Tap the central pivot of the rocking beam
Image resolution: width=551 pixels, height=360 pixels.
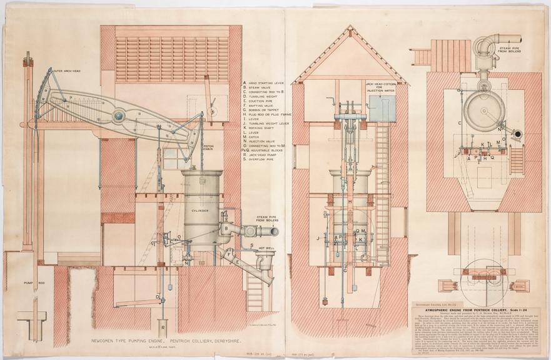[118, 114]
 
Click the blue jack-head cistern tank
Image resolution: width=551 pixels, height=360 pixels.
[382, 109]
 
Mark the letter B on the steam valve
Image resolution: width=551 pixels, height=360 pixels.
[226, 229]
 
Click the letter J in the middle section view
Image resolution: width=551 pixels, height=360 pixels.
[320, 237]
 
